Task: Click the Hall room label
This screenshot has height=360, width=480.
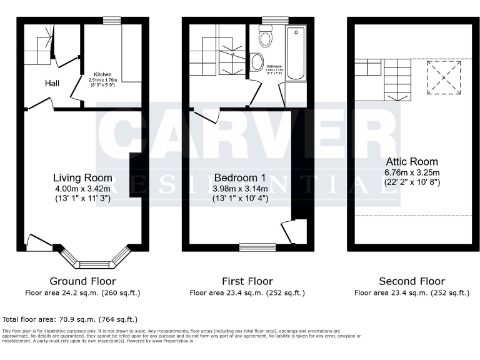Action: [52, 83]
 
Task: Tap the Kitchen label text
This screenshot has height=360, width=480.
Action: [102, 74]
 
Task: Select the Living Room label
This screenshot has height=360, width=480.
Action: [82, 178]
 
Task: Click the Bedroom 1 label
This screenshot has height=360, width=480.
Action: [240, 178]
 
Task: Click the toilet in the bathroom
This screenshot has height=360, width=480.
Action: [266, 38]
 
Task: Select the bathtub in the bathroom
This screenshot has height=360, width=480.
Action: [296, 53]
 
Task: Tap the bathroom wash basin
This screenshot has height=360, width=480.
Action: [256, 62]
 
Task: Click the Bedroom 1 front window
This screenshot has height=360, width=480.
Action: [257, 247]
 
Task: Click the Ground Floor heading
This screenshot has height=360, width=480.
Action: [82, 281]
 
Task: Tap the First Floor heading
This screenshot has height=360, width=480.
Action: [247, 281]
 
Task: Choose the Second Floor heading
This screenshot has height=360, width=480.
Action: [412, 281]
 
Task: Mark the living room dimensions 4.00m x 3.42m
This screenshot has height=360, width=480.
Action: [82, 189]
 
